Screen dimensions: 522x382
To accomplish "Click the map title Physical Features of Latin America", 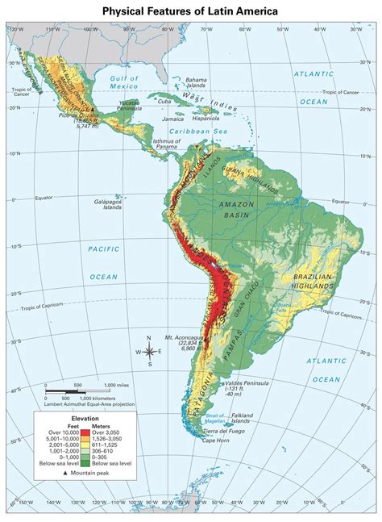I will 190,10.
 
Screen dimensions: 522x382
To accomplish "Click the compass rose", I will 149,351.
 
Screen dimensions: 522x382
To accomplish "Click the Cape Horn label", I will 215,440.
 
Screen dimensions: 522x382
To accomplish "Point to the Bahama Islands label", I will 196,83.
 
